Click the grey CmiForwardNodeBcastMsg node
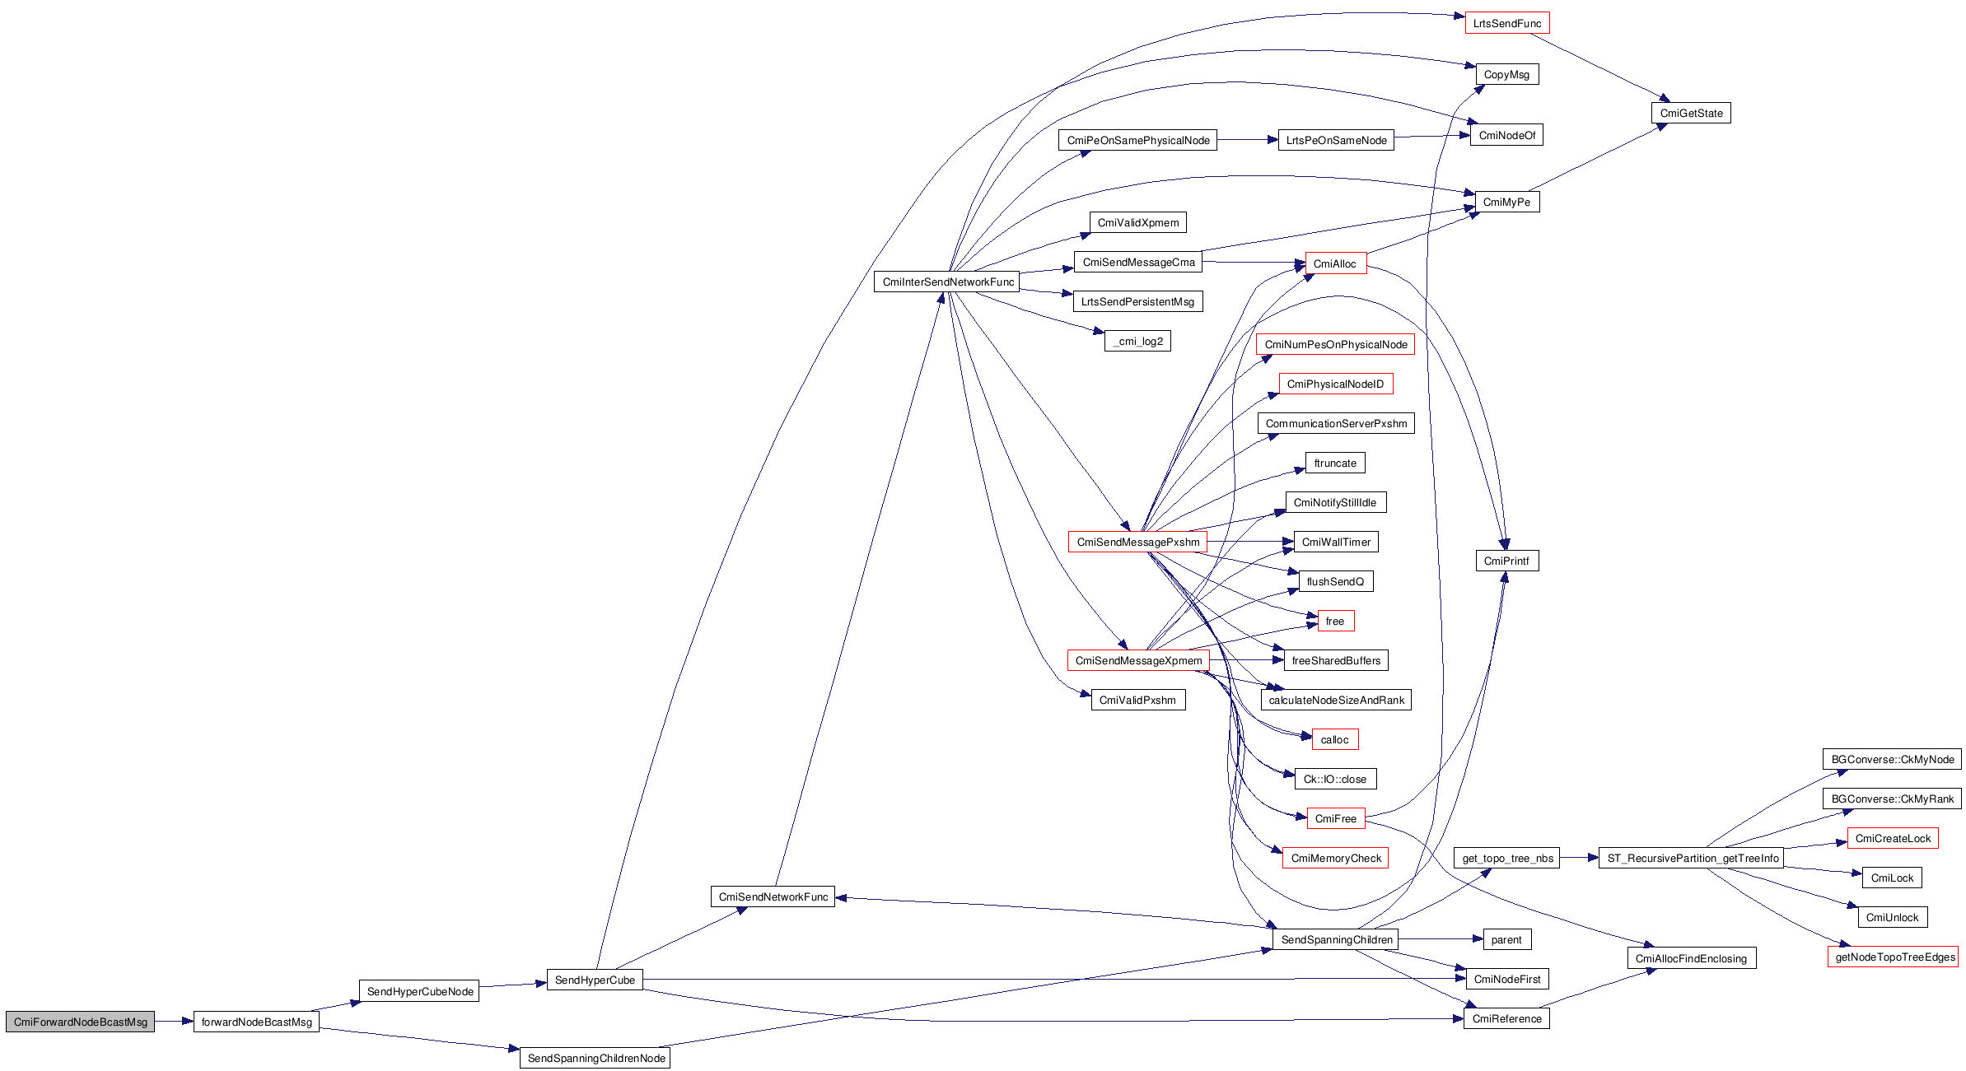(x=80, y=1022)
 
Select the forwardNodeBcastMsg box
(x=256, y=1022)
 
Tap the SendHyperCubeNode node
(x=419, y=991)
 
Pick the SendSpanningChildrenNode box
(x=595, y=1058)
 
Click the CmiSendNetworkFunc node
(x=773, y=896)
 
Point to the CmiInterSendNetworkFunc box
(x=947, y=282)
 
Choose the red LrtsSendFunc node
(x=1506, y=23)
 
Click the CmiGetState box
(x=1690, y=113)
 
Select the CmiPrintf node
(x=1506, y=561)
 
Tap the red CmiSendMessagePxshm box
(x=1137, y=542)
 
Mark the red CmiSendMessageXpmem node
(x=1137, y=660)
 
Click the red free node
(x=1334, y=621)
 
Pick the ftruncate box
(x=1334, y=463)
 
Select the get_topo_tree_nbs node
(x=1506, y=858)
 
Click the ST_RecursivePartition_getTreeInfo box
(x=1692, y=858)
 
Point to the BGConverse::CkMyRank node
(x=1892, y=799)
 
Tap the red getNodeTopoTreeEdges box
(x=1894, y=957)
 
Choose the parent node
(x=1506, y=939)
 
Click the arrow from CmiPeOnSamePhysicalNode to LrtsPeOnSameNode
(x=1247, y=140)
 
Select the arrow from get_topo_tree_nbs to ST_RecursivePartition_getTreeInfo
(x=1579, y=858)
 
